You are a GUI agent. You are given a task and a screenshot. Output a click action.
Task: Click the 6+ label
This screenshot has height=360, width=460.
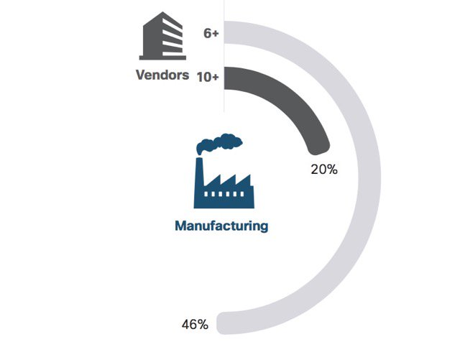(x=211, y=34)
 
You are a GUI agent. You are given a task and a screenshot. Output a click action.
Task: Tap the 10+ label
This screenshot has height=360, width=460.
(x=208, y=76)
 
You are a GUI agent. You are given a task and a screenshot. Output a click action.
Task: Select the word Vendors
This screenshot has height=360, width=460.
(x=162, y=75)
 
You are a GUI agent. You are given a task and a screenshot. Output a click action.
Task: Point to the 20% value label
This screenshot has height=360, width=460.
(x=324, y=170)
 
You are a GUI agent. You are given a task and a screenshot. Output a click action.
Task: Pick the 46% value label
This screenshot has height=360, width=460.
(x=195, y=325)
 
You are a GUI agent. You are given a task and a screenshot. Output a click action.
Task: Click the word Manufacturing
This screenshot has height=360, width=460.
(x=221, y=226)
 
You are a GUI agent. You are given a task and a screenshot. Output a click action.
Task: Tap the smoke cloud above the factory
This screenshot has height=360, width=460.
(x=219, y=143)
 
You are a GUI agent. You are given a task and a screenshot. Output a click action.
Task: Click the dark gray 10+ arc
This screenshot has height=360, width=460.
(x=295, y=101)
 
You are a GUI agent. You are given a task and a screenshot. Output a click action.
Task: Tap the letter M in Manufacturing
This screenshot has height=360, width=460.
(x=181, y=226)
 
